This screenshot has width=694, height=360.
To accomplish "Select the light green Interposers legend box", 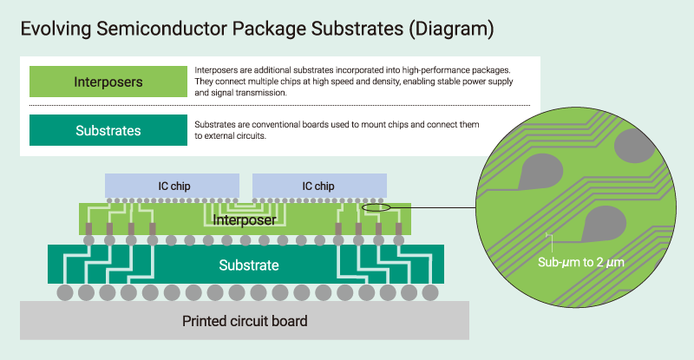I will [108, 82].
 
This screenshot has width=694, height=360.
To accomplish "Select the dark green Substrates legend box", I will [108, 131].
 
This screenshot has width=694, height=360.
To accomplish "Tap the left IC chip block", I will [173, 186].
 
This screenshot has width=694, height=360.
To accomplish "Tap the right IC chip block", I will [318, 186].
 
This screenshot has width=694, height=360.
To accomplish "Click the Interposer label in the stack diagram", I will [245, 219].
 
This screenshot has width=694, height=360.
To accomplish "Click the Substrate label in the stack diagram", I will [249, 265].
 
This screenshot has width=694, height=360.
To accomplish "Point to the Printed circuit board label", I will [245, 321].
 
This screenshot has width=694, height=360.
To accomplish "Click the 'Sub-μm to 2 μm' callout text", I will [581, 260].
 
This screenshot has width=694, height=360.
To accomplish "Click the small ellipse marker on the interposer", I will [376, 207].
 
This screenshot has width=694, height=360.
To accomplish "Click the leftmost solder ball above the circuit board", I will [65, 292].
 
